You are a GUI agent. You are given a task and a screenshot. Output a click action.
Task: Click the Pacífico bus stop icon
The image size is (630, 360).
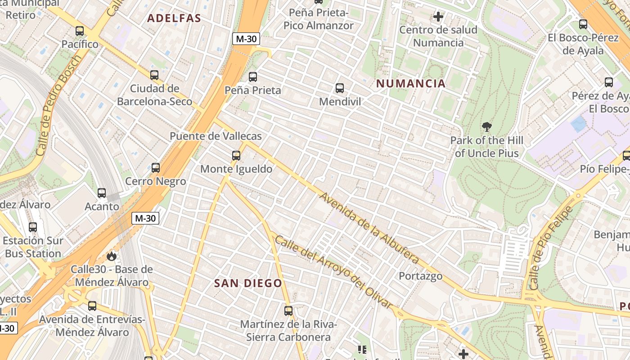coord(80,31)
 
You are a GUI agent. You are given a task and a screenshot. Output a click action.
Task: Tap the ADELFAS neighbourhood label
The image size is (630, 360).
coord(174,18)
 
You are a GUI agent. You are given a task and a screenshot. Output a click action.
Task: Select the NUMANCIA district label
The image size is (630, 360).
coord(411,83)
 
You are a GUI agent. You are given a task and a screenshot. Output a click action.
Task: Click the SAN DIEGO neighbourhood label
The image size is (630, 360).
coord(248,283)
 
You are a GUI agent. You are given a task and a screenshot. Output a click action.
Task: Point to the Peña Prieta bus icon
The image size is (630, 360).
coord(253,77)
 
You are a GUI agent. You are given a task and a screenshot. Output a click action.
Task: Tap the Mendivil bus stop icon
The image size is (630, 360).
coord(340,88)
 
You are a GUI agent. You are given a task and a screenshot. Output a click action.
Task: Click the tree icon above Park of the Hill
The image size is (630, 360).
coord(486,127)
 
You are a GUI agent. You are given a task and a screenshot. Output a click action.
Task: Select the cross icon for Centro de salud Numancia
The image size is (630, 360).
coord(438,17)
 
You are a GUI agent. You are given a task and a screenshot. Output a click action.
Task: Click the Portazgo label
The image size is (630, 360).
coord(421,276)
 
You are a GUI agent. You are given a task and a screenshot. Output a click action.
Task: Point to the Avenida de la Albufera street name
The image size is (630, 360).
coord(369,228)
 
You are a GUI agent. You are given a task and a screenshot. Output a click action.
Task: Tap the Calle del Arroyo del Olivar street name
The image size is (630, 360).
coord(333,272)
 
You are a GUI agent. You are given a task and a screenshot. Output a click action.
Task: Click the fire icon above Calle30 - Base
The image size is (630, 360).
coord(112,256)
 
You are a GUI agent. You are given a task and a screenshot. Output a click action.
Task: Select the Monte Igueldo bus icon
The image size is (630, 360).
coord(236,156)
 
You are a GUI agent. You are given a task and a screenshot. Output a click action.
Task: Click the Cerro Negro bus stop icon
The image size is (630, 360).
coord(156,168)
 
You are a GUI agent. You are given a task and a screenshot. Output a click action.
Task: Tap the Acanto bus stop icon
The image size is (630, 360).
coord(102,193)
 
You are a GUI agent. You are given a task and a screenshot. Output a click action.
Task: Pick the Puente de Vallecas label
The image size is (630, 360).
coord(216,136)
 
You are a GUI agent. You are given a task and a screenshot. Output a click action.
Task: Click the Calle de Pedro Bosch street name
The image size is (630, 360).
coord(58,105)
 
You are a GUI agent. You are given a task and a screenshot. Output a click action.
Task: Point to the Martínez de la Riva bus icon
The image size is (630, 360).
coord(288,311)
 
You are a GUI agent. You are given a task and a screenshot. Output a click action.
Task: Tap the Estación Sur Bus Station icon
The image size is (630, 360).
coord(33,227)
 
